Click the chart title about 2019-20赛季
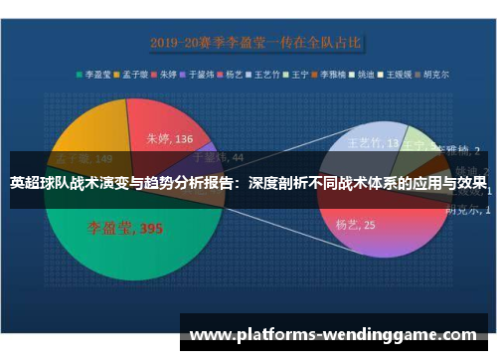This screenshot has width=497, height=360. [x=256, y=42]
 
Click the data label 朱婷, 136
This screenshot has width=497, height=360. [x=169, y=139]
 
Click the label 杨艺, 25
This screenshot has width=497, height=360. [x=355, y=226]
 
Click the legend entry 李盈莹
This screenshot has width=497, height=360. [x=96, y=73]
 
